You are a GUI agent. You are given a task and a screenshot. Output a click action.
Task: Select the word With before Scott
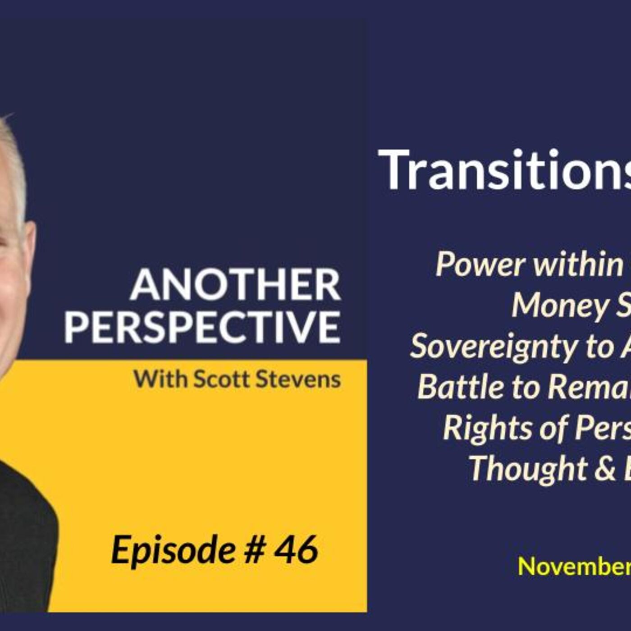click(x=160, y=379)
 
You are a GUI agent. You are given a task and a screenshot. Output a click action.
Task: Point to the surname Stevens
click(x=298, y=379)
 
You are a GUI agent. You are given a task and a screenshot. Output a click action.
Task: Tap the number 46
click(x=296, y=550)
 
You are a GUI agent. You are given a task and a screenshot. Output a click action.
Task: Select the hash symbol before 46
click(x=253, y=550)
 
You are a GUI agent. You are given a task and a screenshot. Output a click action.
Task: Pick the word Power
click(x=478, y=265)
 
